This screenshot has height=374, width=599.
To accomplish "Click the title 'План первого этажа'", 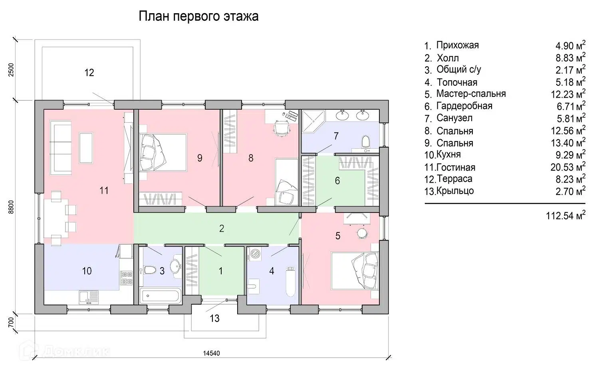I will pos(198,16).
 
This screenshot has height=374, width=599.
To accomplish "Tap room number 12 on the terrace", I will pos(89,73).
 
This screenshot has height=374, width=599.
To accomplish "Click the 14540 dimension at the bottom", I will pos(211,353).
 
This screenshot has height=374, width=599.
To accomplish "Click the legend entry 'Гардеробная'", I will pos(464,106).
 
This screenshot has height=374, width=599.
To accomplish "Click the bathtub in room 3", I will pos(160,297).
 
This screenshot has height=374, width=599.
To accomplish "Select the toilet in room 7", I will pos(365,142).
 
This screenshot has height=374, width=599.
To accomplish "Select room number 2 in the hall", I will pos(222,228).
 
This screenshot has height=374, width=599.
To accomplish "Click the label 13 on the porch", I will pos(214,319).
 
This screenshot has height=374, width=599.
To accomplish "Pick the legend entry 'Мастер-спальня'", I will pos(471,94).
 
